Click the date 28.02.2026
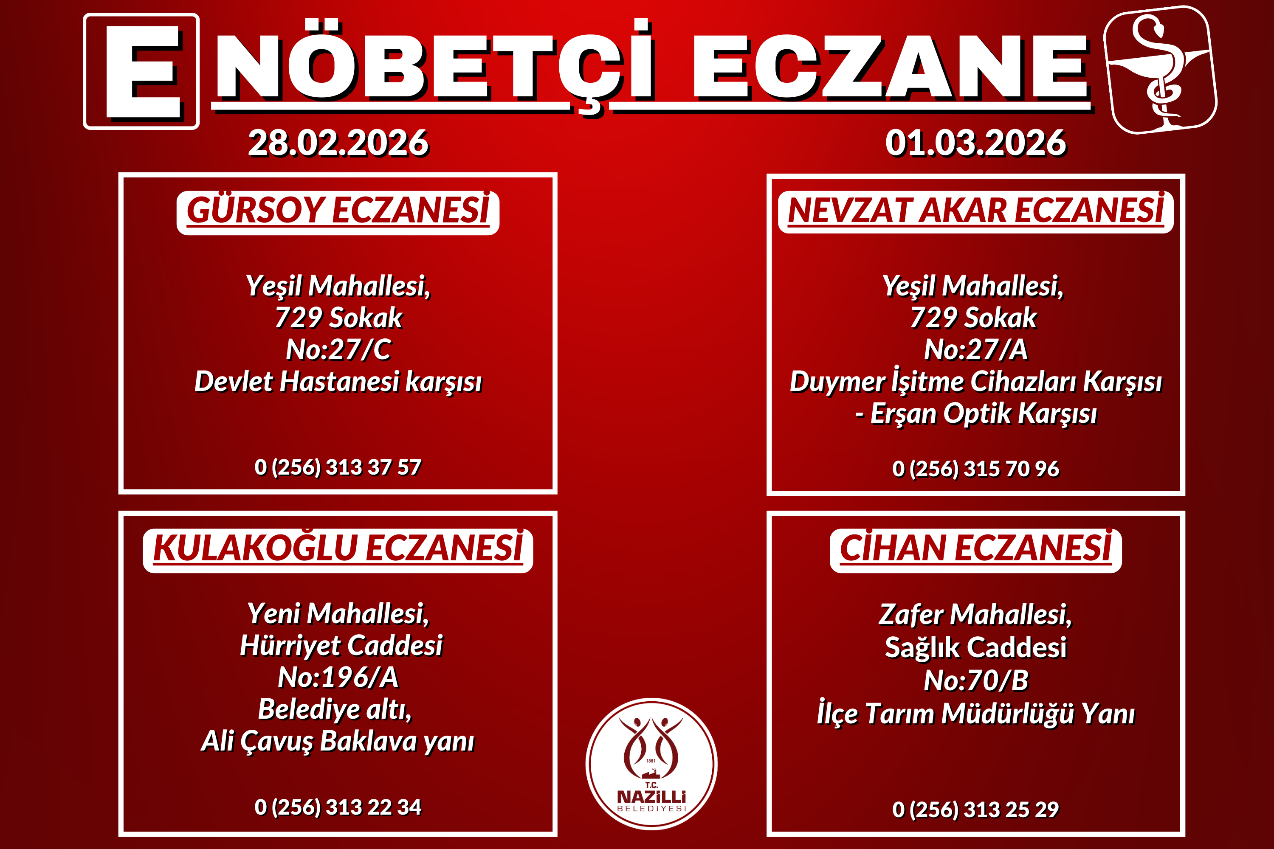point(338,143)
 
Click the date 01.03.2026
point(975,143)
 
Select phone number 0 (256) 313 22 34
point(338,807)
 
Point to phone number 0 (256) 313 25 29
point(975,810)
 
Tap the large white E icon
point(141,71)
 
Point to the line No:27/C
point(338,349)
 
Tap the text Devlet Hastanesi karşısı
point(338,382)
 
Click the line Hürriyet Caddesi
point(341,645)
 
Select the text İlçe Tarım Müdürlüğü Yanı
point(975,713)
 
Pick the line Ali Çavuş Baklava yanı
point(338,741)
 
